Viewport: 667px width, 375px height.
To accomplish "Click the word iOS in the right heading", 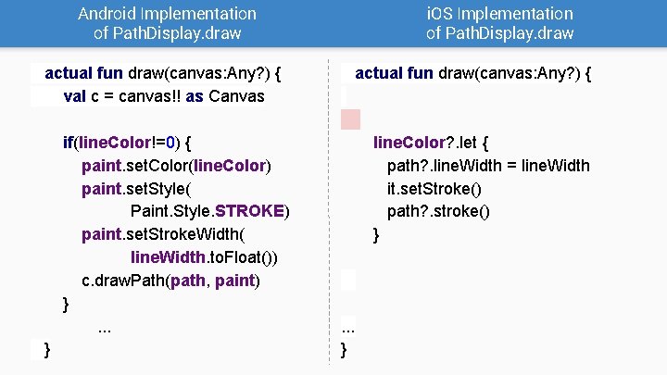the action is coord(439,14).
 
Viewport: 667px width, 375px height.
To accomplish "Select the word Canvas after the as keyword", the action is coord(235,96).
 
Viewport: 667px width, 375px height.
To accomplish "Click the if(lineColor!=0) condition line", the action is coord(127,143).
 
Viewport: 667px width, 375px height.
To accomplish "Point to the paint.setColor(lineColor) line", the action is coord(176,166).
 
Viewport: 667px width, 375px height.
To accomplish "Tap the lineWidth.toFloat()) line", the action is coord(205,256).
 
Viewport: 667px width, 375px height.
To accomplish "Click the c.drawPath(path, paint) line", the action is coord(171,280).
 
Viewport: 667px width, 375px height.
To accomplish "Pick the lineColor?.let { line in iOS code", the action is coord(431,143).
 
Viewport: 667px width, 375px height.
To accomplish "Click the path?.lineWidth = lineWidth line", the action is coord(488,166).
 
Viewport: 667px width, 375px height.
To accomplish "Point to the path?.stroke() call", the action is coord(438,211).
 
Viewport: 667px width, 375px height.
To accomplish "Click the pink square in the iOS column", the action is coord(351,119).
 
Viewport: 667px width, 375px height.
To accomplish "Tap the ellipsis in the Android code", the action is coord(105,326).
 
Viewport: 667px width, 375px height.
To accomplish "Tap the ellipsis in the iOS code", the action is coord(348,326).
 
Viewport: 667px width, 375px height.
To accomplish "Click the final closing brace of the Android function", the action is coord(47,348).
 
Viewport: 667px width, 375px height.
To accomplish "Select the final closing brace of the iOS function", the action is coord(345,349).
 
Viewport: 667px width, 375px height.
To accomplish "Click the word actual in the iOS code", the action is coord(379,73).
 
